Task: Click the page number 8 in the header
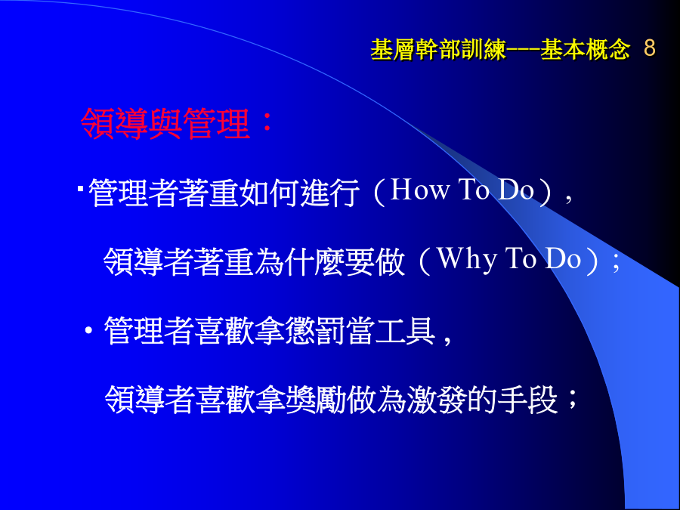649,48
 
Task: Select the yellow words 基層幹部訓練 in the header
438,49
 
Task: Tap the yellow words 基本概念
585,49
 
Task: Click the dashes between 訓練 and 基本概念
523,49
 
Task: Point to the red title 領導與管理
165,124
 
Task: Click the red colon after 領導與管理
267,122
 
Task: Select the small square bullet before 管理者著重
81,189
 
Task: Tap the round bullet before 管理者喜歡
89,331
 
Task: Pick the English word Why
466,260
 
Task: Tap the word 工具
405,331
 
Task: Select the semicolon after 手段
572,399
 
